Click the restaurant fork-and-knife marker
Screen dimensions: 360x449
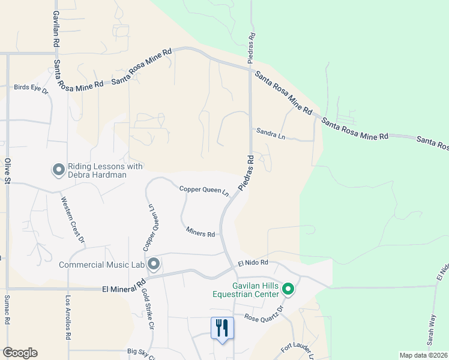pyautogui.click(x=222, y=328)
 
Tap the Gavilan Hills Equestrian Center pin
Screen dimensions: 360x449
pyautogui.click(x=288, y=290)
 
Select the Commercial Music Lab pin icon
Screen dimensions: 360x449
pyautogui.click(x=154, y=264)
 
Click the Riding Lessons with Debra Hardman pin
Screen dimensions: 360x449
pyautogui.click(x=59, y=170)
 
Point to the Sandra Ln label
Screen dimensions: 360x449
pyautogui.click(x=270, y=133)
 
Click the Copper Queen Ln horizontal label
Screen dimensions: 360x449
pyautogui.click(x=204, y=191)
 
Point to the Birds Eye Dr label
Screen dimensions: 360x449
pyautogui.click(x=31, y=88)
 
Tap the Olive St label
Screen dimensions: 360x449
pyautogui.click(x=8, y=171)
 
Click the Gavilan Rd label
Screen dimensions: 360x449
pyautogui.click(x=55, y=29)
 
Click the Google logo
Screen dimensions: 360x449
pyautogui.click(x=20, y=353)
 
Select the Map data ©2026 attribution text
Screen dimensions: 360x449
pyautogui.click(x=423, y=355)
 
